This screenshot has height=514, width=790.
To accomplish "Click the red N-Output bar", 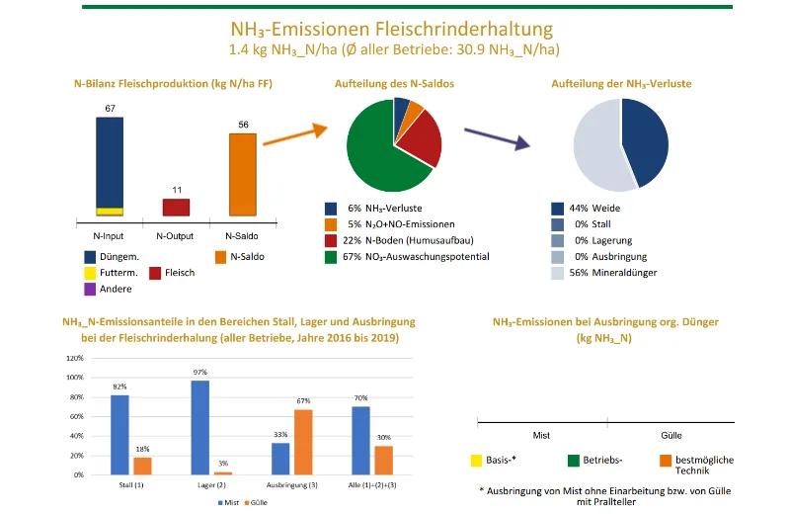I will [176, 207].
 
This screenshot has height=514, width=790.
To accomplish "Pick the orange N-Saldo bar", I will [242, 174].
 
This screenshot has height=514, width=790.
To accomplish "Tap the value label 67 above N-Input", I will [110, 107].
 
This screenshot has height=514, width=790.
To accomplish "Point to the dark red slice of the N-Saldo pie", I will [423, 138].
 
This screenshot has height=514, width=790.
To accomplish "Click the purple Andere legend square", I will [91, 288].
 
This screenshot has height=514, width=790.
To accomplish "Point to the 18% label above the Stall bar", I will [142, 449].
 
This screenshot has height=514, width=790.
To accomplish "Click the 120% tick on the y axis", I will [73, 358].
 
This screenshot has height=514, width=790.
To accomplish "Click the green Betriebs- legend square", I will [574, 460].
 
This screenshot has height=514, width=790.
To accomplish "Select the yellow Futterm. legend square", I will [91, 272].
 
